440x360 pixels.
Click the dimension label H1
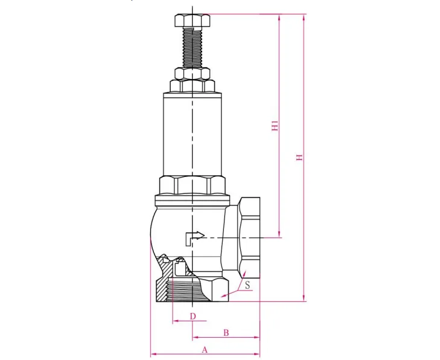point(275,126)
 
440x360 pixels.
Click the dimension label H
point(299,157)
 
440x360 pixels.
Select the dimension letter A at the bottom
point(205,349)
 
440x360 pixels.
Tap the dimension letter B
point(226,332)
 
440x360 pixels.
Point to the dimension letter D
point(193,316)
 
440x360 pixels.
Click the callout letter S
point(247,283)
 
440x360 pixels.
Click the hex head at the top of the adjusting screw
point(192,21)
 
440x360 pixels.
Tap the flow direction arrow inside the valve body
point(194,237)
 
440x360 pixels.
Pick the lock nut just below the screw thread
point(192,74)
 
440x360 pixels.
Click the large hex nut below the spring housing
point(192,185)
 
